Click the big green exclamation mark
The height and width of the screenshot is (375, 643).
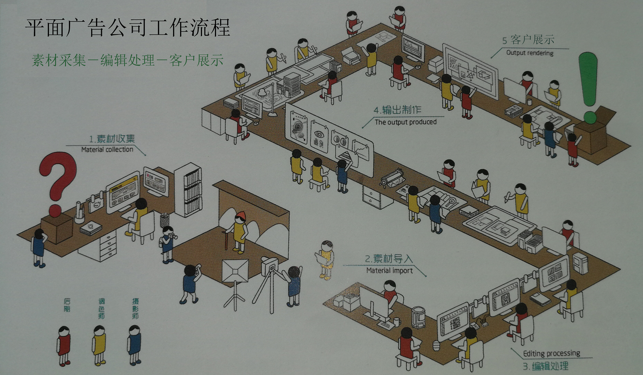(588, 85)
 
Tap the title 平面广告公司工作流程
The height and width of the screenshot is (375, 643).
(128, 27)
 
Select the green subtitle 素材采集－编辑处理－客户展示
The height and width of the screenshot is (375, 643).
(128, 60)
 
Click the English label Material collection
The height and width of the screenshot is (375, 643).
(107, 149)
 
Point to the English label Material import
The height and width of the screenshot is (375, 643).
(390, 271)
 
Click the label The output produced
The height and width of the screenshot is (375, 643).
(405, 122)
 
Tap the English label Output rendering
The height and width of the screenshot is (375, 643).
(530, 53)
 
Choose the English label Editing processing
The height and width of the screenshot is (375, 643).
(551, 353)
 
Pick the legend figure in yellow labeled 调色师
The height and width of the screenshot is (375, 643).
(99, 345)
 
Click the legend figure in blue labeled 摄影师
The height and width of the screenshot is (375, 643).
(134, 345)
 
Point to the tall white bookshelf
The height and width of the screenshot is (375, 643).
(189, 189)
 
